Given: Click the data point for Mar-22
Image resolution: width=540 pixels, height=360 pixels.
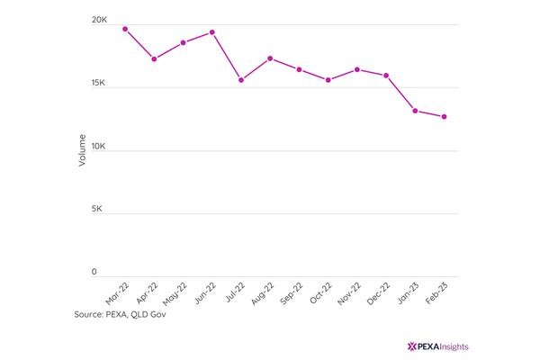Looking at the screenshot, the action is pos(125,29).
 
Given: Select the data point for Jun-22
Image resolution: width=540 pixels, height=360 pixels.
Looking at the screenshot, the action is pos(212,32).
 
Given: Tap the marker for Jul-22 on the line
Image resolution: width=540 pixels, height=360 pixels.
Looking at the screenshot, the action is pos(241,80).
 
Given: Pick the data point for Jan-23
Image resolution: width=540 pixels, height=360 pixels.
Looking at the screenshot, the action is pos(415,111).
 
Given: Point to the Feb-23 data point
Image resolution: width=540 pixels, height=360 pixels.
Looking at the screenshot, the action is pos(444,117).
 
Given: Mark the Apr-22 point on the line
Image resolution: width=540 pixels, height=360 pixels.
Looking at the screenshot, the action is pos(154,58).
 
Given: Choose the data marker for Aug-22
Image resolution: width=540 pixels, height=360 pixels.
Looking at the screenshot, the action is pos(270,58).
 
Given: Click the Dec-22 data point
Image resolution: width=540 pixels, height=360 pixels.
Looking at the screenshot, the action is pos(386,76).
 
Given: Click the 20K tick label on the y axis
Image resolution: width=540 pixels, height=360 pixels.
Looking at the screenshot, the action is pos(99,20).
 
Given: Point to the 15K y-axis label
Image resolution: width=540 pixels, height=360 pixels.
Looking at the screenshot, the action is pos(98,83).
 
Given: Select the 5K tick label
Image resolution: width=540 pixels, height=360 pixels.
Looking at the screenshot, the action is pos(97,209).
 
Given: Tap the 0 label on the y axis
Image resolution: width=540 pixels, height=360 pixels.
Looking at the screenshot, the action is pos(94,272).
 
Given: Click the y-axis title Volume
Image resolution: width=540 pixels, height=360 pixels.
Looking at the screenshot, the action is pos(82,150).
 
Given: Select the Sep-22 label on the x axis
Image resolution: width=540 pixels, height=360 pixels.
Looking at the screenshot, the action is pos(292,293).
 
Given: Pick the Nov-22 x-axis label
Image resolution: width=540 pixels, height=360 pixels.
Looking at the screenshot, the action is pos(349,293).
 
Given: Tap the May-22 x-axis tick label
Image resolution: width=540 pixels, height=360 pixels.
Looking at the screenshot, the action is pos(175,294).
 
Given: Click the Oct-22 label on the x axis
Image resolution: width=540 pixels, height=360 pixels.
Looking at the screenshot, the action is pos(320,292).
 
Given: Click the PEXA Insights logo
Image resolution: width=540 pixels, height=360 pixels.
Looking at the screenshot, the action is pos(437,346).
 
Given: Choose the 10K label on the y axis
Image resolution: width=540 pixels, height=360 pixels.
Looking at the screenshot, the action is pos(98,146).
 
